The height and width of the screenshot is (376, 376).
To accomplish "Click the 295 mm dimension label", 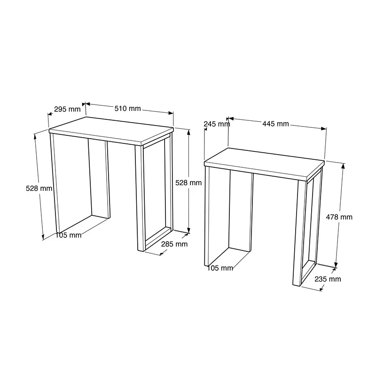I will (67, 110).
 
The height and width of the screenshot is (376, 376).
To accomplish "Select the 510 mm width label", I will (128, 109).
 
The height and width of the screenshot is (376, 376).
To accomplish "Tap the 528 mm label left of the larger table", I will (39, 188).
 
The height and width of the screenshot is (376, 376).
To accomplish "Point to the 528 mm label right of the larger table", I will (188, 183).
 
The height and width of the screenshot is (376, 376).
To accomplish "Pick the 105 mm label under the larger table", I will (68, 235).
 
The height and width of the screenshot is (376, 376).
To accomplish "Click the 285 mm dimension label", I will (174, 244).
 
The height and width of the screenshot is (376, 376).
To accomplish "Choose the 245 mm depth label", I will (217, 124).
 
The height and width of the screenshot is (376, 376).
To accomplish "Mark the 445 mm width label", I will (275, 124).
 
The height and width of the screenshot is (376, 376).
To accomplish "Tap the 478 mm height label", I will (339, 217).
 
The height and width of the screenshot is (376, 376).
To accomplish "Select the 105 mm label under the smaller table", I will (220, 268).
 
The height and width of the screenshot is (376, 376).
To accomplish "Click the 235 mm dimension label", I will (328, 279).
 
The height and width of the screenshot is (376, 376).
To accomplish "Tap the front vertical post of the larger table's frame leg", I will (139, 197).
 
